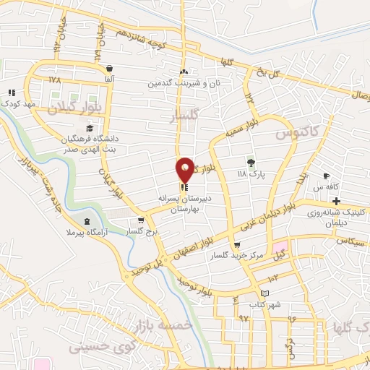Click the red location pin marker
[x=185, y=169]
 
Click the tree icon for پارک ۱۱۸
[x=251, y=162]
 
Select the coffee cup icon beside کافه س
[x=327, y=176]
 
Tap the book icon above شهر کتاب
[x=266, y=293]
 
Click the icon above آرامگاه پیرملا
[x=87, y=221]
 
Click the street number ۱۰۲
[x=272, y=278]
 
